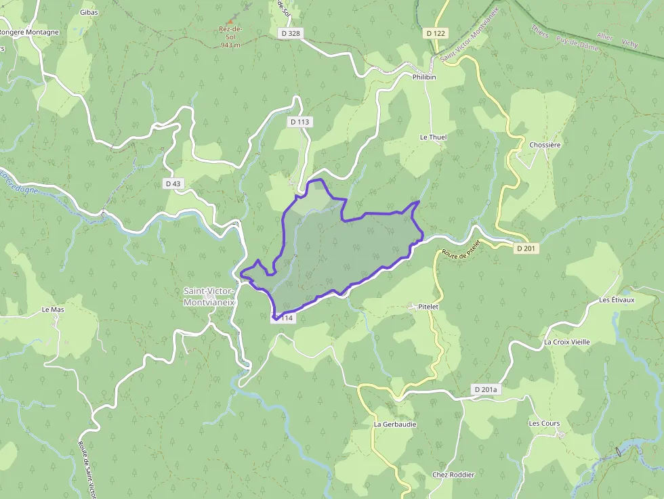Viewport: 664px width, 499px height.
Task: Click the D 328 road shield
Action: click(x=289, y=32)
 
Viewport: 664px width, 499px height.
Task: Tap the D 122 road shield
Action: click(x=437, y=32)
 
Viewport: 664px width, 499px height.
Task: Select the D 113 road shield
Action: click(x=299, y=122)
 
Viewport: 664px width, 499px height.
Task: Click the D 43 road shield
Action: click(x=173, y=183)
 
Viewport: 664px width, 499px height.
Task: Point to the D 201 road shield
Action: click(x=526, y=248)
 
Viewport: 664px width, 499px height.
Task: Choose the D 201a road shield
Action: click(x=486, y=389)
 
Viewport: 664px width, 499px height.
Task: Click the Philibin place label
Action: click(x=424, y=77)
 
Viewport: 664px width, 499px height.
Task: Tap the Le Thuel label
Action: click(x=433, y=137)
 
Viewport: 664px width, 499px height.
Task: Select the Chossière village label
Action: click(x=545, y=145)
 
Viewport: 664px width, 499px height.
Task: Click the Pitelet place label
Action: click(x=428, y=307)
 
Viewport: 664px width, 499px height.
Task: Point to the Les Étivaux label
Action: click(x=617, y=300)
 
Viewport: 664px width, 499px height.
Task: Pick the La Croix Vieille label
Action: click(x=567, y=342)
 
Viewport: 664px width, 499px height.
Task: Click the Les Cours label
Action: click(x=544, y=423)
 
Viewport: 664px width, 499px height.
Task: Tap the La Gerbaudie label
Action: click(x=395, y=425)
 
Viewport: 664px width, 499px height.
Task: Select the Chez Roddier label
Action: click(x=453, y=475)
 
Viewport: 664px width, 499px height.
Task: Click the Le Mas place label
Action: click(x=53, y=309)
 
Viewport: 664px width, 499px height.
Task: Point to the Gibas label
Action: click(x=89, y=12)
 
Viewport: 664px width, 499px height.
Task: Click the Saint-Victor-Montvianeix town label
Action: click(x=209, y=297)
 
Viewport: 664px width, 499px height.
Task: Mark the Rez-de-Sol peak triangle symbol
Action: click(x=230, y=20)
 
